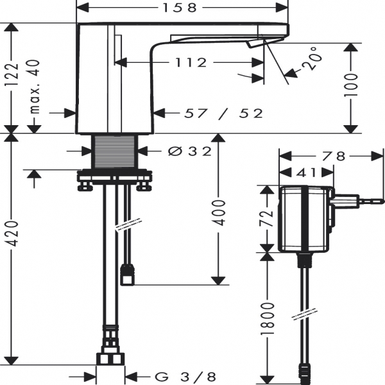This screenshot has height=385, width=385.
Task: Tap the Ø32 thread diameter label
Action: coord(189,151)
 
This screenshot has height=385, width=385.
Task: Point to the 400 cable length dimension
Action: coord(219,210)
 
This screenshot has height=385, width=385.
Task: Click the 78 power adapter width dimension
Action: coord(333,156)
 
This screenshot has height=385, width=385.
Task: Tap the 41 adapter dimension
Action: coord(306,172)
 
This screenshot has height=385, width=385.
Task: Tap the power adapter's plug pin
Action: coord(372,202)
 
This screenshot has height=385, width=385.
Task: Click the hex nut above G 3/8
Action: coord(110,357)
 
